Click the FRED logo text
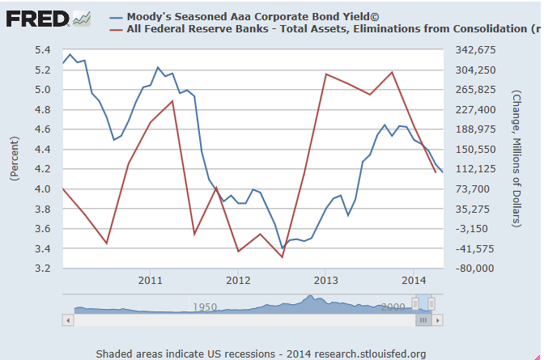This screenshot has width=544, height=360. [37, 19]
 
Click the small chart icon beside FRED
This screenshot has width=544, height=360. [82, 19]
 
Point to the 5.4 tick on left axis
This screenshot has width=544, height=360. [43, 50]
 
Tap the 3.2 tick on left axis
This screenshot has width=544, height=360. [43, 269]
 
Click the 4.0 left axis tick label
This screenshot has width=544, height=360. [43, 189]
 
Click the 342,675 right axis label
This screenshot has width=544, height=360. [475, 50]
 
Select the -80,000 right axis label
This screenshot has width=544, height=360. [474, 269]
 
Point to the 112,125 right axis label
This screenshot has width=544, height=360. [475, 169]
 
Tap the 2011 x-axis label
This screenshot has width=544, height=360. [150, 280]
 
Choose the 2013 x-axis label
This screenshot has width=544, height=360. [325, 280]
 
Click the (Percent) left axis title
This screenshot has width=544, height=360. [15, 159]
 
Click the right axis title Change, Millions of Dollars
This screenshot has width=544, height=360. [516, 159]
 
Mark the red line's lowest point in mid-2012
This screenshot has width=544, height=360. [283, 257]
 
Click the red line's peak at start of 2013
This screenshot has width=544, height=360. [326, 74]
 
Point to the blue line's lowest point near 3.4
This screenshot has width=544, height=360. [283, 248]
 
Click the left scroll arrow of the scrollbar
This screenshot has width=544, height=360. [68, 320]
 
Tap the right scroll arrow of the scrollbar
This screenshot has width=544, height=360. [438, 320]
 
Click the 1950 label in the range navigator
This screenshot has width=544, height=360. [205, 307]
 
